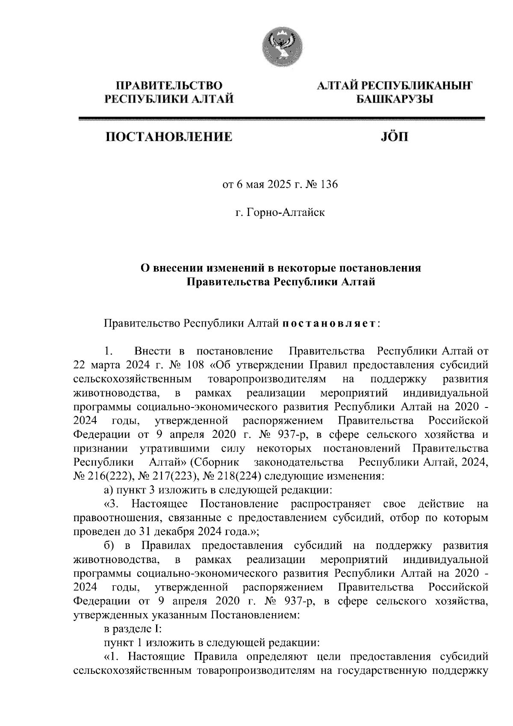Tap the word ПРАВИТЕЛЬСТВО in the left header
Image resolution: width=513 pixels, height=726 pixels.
[x=170, y=86]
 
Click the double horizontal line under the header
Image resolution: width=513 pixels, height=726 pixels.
[x=282, y=119]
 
